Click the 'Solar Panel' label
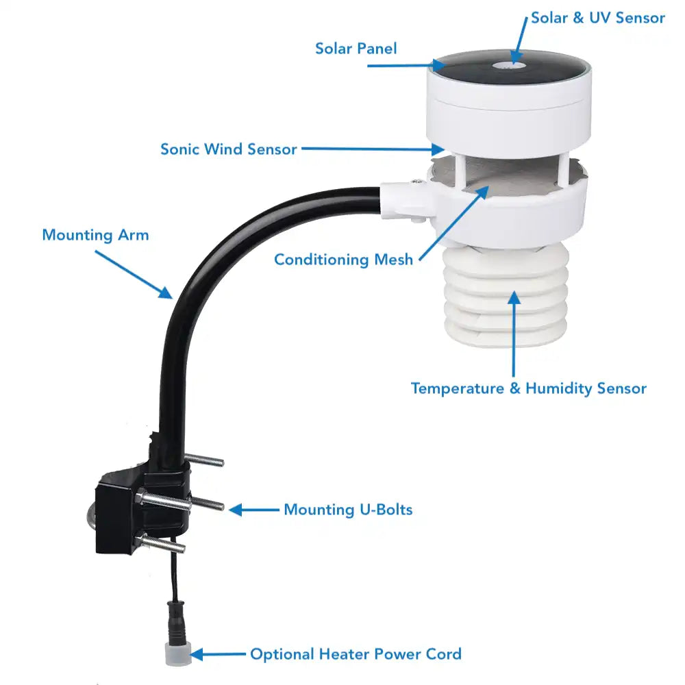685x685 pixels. (x=356, y=48)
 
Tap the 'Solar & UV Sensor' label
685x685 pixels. (x=597, y=18)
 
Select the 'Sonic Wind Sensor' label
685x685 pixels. (x=228, y=149)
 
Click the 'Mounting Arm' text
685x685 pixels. (x=95, y=235)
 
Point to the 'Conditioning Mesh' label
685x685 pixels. (x=343, y=260)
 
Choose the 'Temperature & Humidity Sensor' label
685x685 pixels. (x=528, y=388)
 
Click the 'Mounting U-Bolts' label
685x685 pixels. (x=348, y=510)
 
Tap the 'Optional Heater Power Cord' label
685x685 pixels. (x=356, y=654)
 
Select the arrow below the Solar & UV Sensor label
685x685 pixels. (x=519, y=45)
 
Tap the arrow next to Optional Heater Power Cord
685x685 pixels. (x=217, y=655)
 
